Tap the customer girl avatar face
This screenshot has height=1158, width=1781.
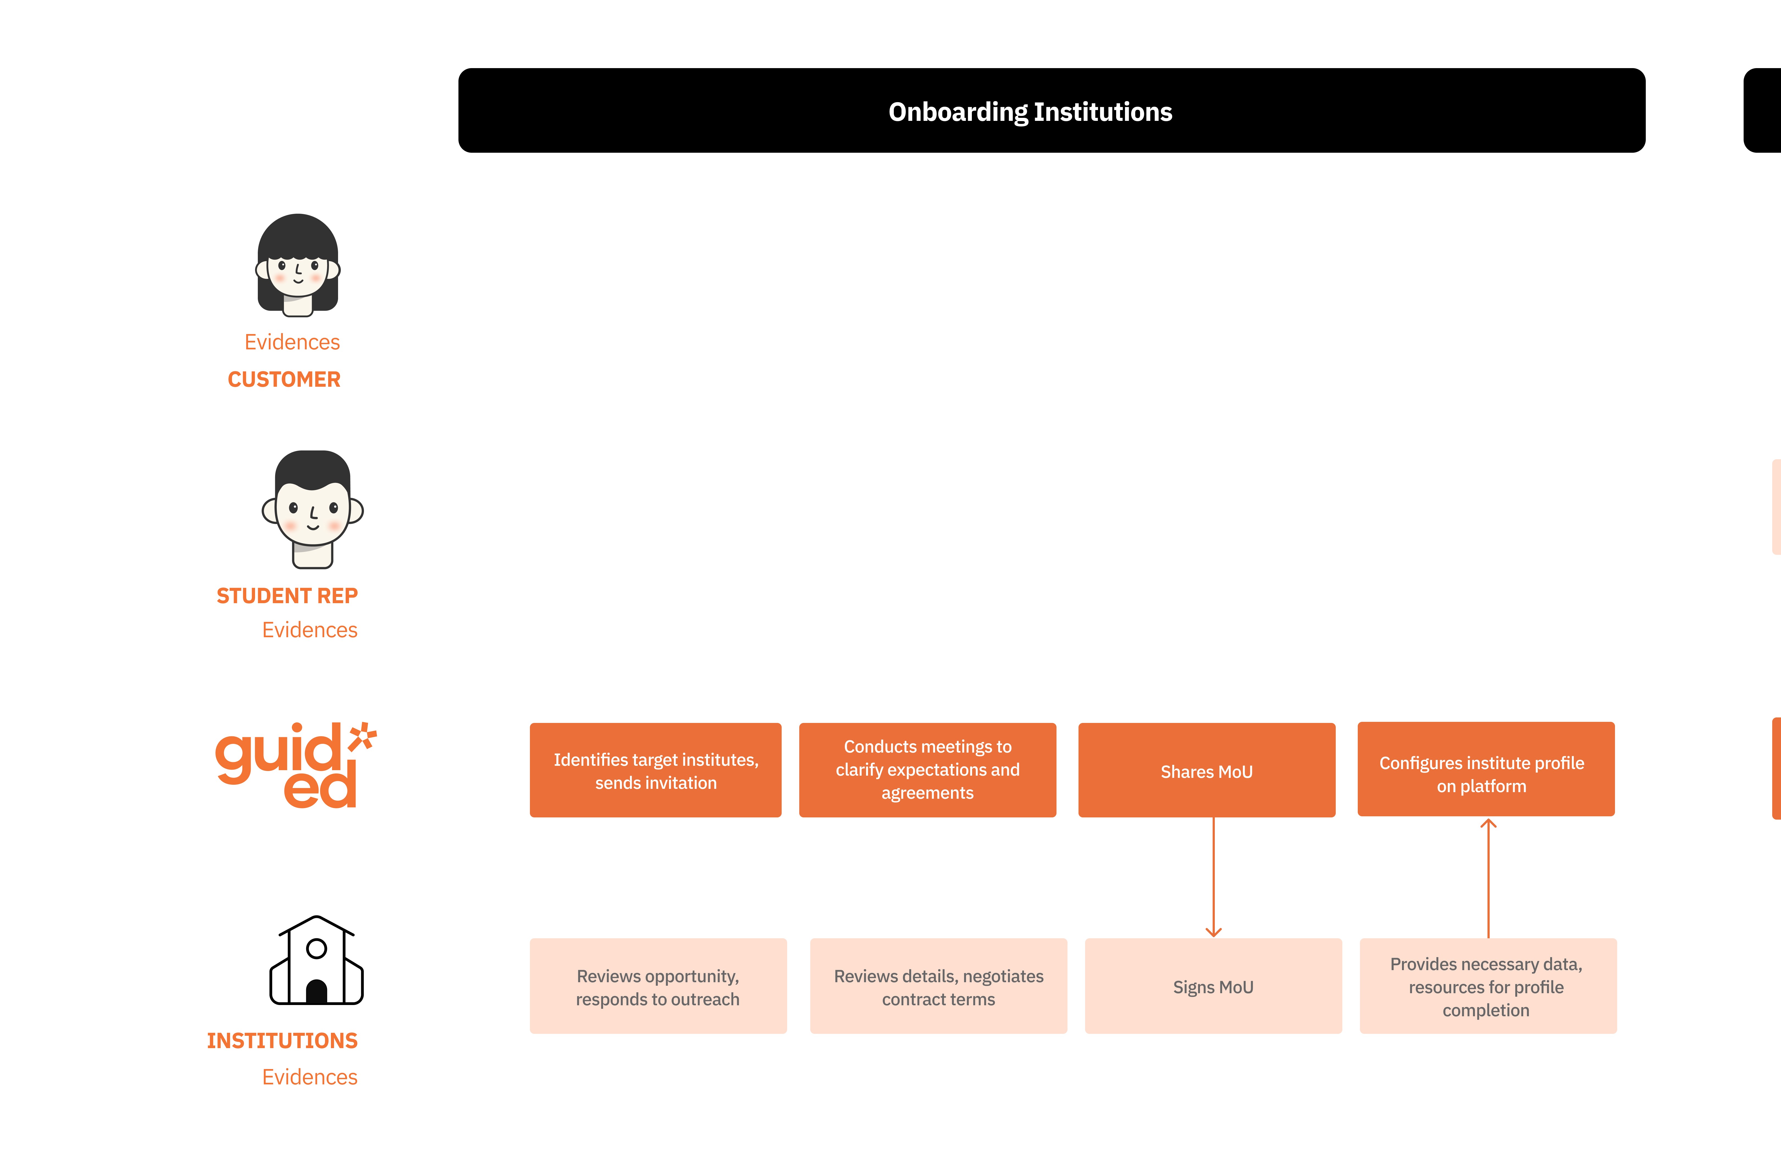tap(298, 266)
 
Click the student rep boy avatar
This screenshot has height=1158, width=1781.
tap(313, 509)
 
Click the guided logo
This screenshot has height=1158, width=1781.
tap(295, 764)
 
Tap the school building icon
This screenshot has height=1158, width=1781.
tap(317, 960)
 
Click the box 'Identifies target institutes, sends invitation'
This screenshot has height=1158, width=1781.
tap(656, 770)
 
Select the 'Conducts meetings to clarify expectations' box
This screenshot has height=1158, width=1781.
tap(928, 770)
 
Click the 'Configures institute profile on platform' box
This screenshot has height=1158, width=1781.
tap(1486, 769)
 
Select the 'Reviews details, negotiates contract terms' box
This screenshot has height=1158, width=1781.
tap(938, 986)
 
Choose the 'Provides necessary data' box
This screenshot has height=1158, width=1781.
tap(1488, 986)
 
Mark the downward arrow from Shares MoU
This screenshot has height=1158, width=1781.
tap(1214, 877)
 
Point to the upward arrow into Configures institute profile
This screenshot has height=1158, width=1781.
tap(1488, 878)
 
